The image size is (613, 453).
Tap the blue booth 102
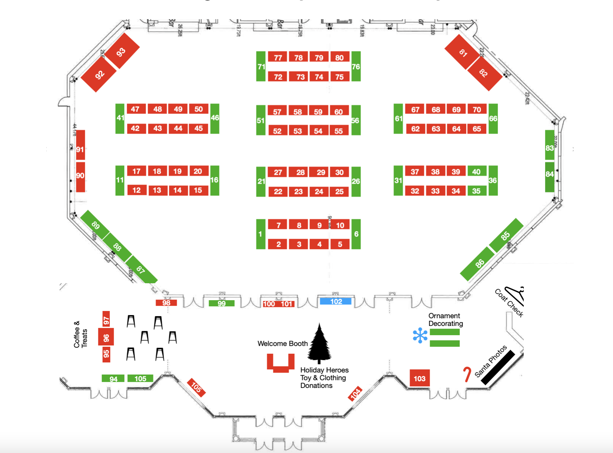335,301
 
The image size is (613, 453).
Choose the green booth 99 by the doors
222,303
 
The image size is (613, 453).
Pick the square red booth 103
420,378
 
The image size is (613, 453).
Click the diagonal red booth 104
355,393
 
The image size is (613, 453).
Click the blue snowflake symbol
420,335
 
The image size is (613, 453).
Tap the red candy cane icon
467,374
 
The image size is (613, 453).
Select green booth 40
476,172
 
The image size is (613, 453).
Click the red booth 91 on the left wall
80,149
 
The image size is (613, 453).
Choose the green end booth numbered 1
261,234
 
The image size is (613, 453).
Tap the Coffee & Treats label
81,335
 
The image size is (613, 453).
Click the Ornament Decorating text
445,320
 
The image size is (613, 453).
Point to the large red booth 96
106,337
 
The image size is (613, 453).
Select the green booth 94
113,379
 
